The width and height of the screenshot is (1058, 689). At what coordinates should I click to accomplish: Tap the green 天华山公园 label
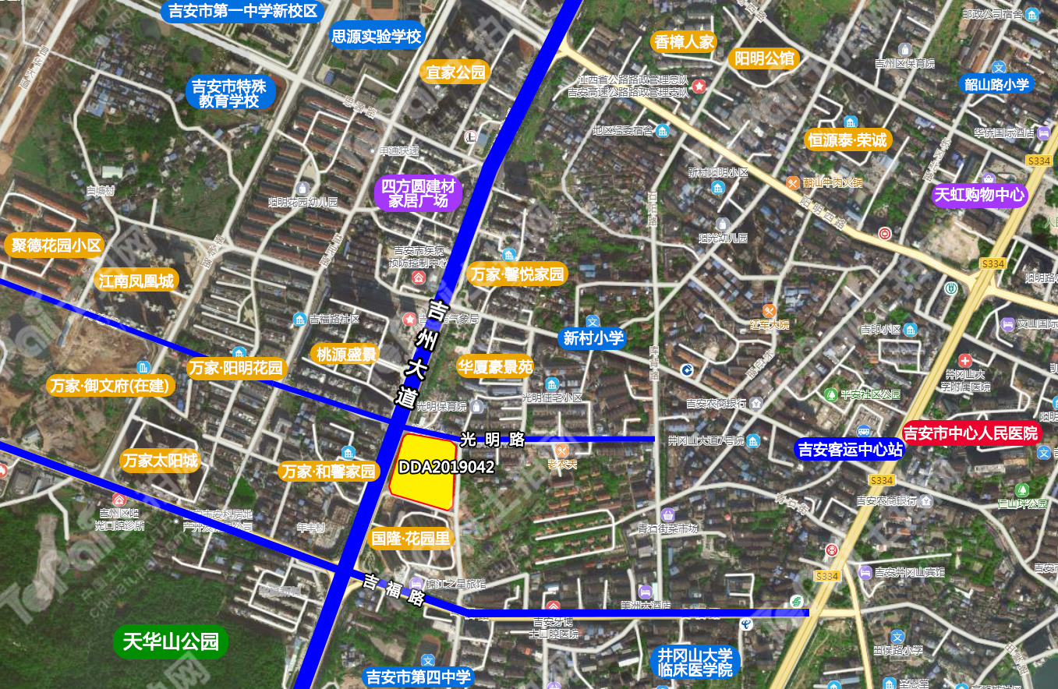tap(171, 642)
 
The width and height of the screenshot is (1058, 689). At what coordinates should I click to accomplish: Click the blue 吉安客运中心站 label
tap(849, 450)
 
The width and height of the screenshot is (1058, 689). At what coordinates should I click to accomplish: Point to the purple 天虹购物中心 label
tap(980, 195)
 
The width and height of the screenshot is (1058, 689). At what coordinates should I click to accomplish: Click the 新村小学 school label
tap(593, 337)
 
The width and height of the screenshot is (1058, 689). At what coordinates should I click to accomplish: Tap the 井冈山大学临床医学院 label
tap(693, 662)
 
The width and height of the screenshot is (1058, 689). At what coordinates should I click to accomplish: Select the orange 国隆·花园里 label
tap(411, 538)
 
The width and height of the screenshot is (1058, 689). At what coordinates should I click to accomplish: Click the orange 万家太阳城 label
tap(160, 461)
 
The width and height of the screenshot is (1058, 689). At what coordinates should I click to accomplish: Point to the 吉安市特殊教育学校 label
tap(229, 94)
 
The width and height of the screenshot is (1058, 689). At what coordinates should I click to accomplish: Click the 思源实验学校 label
tap(377, 36)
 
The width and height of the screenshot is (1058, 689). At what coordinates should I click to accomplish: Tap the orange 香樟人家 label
tap(685, 41)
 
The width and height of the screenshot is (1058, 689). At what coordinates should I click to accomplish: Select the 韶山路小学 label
tap(996, 84)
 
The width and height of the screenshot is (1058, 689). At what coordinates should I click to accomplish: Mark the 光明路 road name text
tap(492, 439)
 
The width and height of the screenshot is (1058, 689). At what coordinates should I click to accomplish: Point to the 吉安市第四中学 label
tap(419, 677)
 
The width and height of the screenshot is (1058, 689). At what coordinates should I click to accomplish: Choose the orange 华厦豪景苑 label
tap(494, 366)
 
